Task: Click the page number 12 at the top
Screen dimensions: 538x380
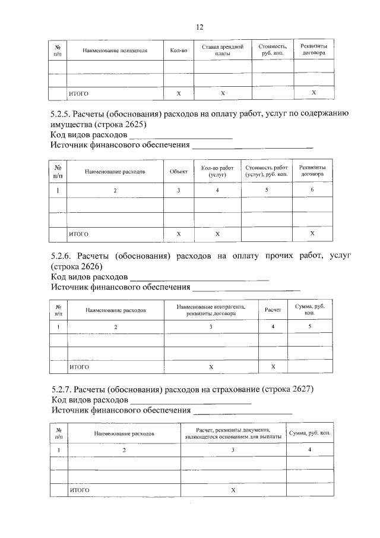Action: tap(199, 27)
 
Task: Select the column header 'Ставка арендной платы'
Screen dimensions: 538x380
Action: tap(223, 50)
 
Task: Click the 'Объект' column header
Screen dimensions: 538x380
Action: tap(178, 171)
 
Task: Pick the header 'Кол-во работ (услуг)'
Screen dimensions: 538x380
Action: tap(218, 171)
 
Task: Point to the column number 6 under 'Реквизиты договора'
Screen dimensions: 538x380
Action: tap(312, 190)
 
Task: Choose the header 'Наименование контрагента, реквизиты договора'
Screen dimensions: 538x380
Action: tap(211, 310)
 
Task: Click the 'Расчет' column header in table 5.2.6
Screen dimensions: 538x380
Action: tap(273, 310)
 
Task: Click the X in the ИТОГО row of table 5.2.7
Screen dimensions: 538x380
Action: tap(233, 490)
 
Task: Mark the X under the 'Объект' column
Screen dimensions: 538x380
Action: tap(179, 234)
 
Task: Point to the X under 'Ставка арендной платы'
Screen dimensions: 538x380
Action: tap(223, 94)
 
